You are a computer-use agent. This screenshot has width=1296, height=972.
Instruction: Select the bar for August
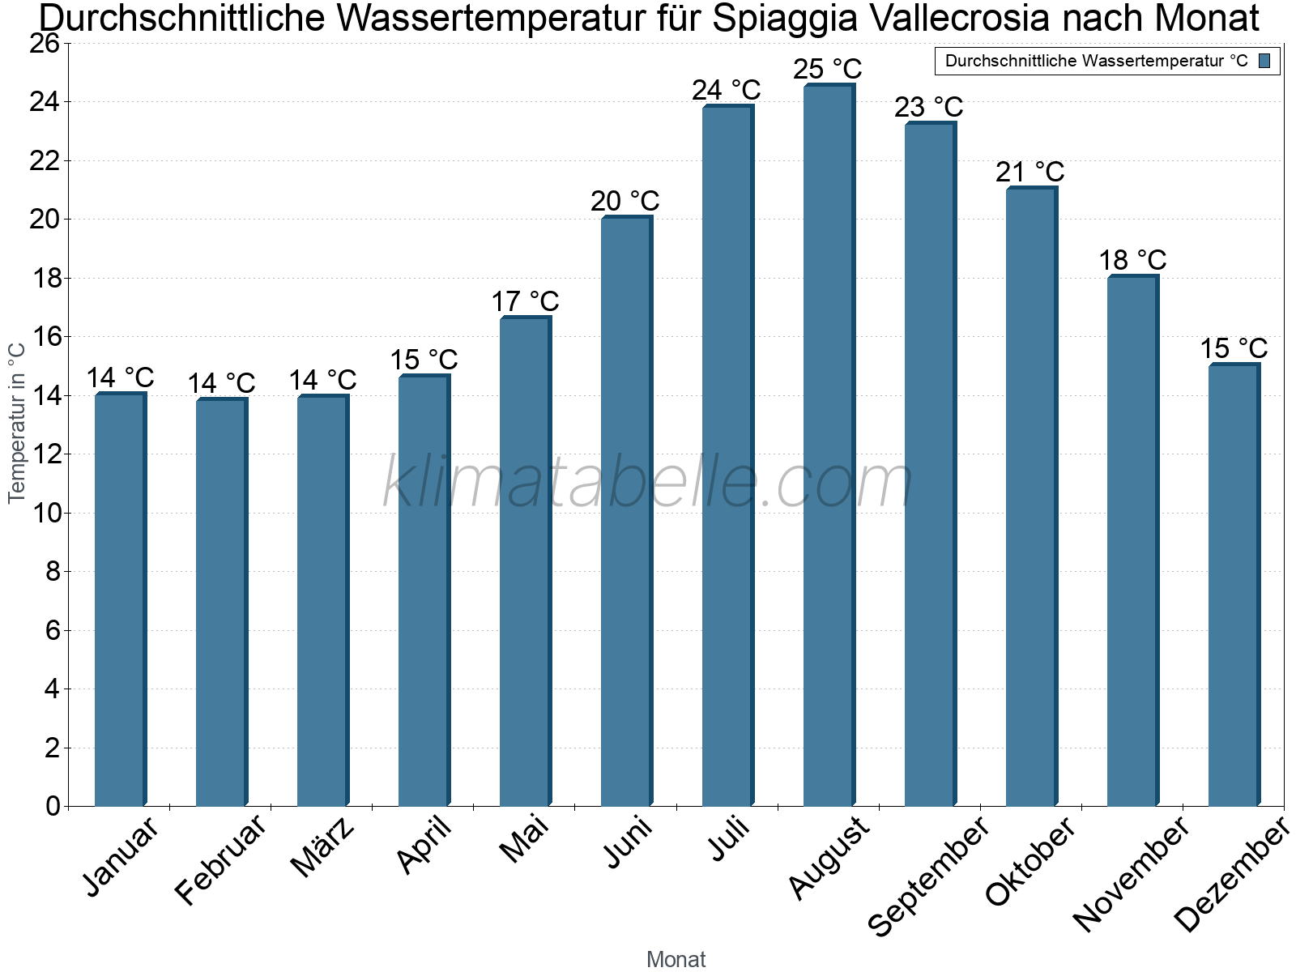828,446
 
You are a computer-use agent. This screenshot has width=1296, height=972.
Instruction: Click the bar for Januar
120,599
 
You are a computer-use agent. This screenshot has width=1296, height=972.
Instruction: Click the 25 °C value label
827,69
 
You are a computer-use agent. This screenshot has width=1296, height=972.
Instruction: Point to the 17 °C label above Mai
525,301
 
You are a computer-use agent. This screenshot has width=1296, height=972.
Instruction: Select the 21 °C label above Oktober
1030,172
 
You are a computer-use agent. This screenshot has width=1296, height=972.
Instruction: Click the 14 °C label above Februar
221,382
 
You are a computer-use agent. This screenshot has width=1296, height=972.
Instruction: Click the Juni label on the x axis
627,842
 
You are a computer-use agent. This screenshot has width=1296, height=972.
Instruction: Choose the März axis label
322,847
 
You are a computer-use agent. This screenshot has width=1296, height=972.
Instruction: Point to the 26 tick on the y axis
45,44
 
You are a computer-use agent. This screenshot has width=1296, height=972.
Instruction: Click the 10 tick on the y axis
45,513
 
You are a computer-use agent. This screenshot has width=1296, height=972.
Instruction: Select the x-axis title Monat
676,959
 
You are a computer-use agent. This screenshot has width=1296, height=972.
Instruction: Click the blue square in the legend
1264,61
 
